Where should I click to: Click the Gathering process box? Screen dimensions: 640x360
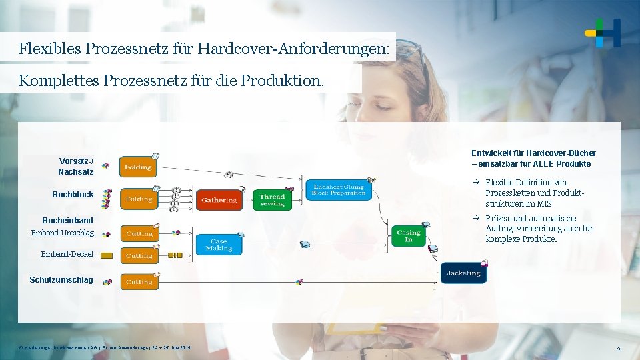(219, 199)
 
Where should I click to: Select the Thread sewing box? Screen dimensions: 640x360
(272, 199)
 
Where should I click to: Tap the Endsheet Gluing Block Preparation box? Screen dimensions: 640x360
(339, 189)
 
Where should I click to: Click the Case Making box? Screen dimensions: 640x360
(219, 245)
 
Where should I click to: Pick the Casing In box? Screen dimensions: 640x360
(408, 235)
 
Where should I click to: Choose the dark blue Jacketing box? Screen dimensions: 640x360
(463, 273)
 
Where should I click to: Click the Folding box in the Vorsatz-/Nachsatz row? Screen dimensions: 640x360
(138, 167)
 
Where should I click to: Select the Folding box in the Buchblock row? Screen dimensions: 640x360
(139, 199)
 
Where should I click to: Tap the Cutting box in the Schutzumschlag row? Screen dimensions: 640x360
(139, 282)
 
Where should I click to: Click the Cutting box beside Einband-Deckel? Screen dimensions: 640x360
(139, 255)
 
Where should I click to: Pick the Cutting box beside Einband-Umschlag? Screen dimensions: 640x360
(139, 233)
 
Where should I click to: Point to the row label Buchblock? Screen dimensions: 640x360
(73, 195)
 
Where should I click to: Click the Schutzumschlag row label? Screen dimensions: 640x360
(61, 279)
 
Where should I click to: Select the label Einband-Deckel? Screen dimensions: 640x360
(67, 254)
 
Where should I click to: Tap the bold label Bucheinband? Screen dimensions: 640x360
(67, 220)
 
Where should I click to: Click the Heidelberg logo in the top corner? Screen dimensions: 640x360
(603, 33)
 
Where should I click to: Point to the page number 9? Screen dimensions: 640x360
(619, 349)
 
